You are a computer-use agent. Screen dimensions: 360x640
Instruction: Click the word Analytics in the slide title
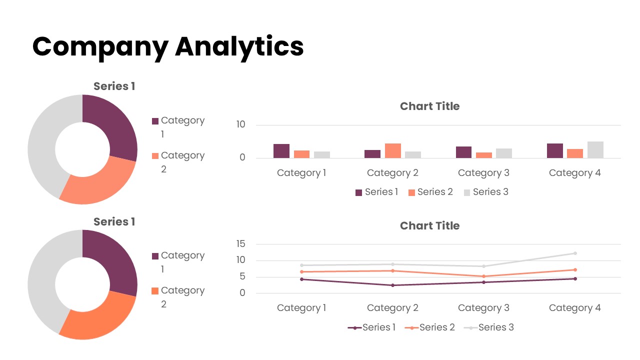pos(239,46)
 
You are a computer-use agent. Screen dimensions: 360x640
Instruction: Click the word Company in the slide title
pos(100,46)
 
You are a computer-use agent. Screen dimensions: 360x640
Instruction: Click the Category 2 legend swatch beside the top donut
pos(155,156)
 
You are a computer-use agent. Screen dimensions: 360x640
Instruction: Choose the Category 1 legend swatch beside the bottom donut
pos(155,256)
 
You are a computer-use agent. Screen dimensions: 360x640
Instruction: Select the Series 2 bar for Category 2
pos(392,150)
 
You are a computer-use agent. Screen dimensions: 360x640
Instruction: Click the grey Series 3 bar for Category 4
pos(595,149)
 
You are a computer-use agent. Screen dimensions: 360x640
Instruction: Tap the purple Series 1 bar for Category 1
pos(281,151)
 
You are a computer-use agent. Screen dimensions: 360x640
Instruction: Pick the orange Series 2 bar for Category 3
pos(484,155)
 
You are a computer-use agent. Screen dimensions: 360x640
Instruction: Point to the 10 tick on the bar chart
pos(241,124)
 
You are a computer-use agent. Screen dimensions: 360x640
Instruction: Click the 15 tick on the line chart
pos(241,244)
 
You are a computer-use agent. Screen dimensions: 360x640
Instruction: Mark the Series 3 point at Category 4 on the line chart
pos(575,253)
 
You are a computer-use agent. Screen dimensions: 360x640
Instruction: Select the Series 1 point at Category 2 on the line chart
pos(392,285)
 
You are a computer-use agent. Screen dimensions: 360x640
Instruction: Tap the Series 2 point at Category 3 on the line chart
pos(483,276)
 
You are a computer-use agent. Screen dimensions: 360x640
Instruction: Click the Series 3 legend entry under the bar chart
pos(486,192)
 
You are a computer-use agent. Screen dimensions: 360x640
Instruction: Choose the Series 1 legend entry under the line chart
pos(372,327)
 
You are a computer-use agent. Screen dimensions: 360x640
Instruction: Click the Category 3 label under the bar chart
pos(483,173)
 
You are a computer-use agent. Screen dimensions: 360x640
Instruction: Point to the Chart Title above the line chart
pos(429,226)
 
